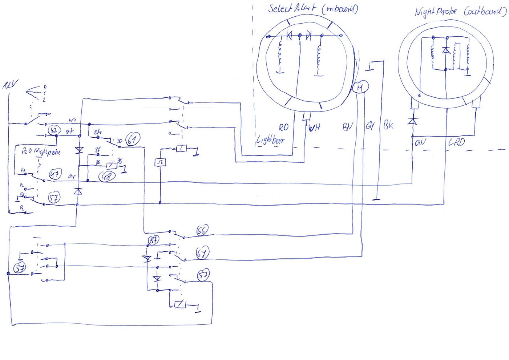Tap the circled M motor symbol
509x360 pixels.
tap(360, 87)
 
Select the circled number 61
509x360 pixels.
tap(133, 139)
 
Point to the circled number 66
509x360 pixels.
tap(202, 230)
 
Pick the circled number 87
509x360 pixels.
tap(154, 240)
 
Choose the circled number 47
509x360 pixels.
tap(55, 174)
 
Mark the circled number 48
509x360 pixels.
tap(107, 176)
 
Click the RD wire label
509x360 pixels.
tap(284, 127)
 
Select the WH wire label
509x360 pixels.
tap(314, 127)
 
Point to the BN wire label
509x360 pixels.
tap(348, 126)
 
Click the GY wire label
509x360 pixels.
tap(370, 126)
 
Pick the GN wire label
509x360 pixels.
tap(420, 143)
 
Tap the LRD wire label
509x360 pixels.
tap(456, 142)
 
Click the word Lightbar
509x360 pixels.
tap(270, 140)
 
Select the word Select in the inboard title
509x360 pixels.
tap(280, 8)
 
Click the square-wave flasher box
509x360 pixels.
tap(160, 162)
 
